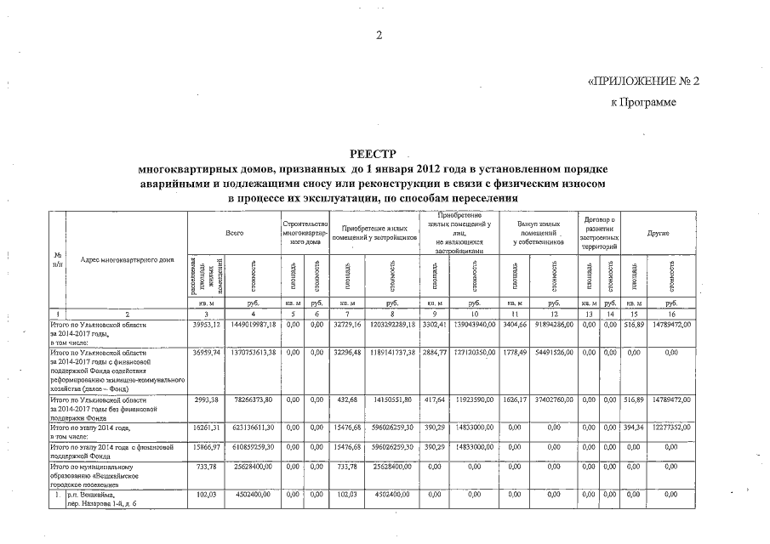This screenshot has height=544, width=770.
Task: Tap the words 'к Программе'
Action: (x=644, y=103)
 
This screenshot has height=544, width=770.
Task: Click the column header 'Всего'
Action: (x=235, y=232)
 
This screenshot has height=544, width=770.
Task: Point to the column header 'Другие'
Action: (x=658, y=232)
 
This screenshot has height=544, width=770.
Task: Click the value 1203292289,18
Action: (x=391, y=325)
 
